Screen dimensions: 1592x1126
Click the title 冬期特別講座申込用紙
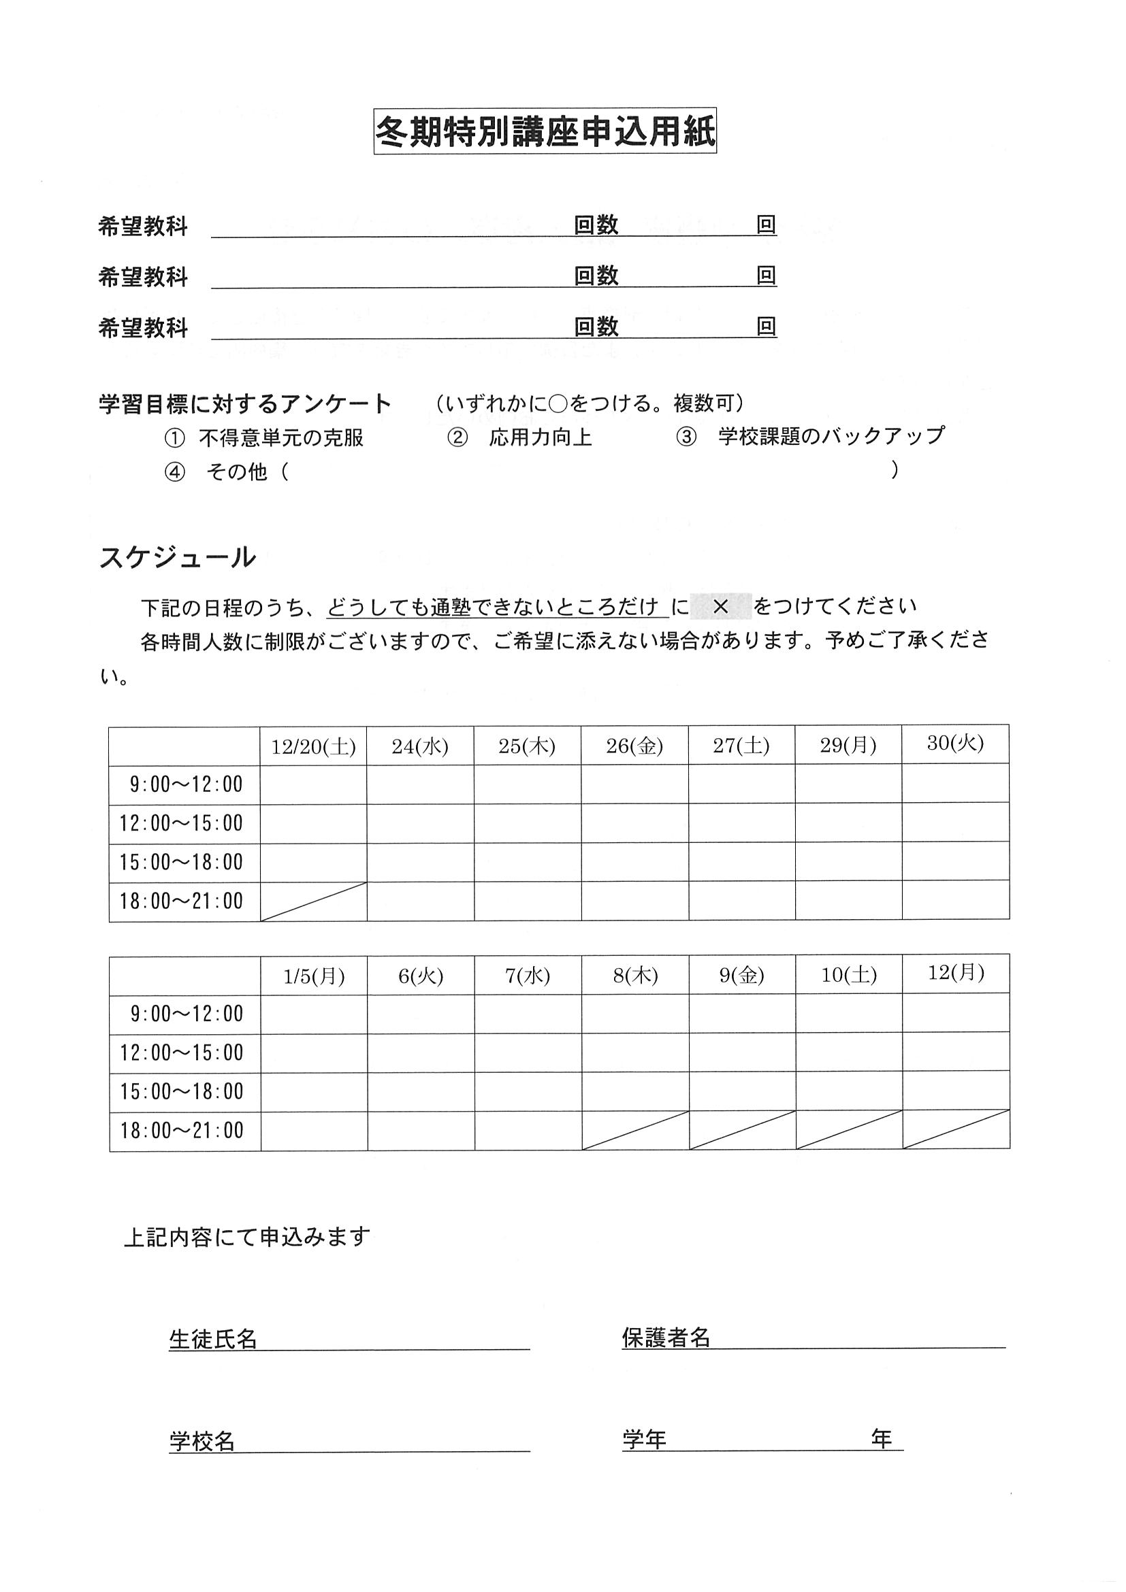click(x=545, y=131)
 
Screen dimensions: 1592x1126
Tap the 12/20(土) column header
click(x=314, y=747)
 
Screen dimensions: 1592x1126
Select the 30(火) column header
click(x=955, y=744)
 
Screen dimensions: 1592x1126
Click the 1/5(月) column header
click(x=315, y=976)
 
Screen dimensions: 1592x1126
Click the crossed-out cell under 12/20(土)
click(x=314, y=901)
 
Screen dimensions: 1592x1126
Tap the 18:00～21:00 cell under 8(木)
click(x=634, y=1131)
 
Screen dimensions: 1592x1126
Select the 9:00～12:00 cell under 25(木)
click(x=528, y=785)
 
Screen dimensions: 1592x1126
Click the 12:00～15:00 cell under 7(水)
click(x=528, y=1053)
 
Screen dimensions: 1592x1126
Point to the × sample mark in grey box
click(x=721, y=607)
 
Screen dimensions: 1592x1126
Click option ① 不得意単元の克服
click(x=264, y=438)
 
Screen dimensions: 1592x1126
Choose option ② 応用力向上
click(x=520, y=438)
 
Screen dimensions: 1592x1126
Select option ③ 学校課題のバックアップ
click(x=809, y=436)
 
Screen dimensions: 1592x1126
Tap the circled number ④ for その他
click(x=175, y=472)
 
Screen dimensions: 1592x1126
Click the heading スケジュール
click(x=178, y=557)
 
